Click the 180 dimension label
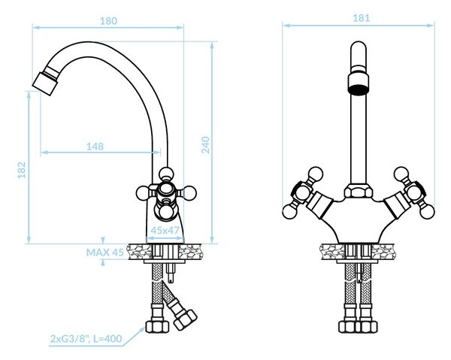click(108, 21)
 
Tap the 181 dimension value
click(361, 18)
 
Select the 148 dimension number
click(95, 147)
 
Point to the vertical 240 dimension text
click(205, 144)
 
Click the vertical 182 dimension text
click(22, 170)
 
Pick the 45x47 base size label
click(165, 230)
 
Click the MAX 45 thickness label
click(105, 253)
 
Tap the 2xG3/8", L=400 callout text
click(86, 339)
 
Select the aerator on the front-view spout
click(359, 83)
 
